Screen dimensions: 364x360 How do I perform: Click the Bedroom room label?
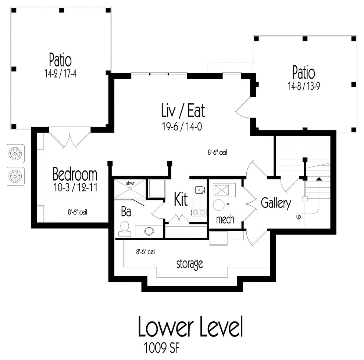75,174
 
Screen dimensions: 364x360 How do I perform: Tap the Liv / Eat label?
183,111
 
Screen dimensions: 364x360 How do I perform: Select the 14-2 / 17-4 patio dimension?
60,74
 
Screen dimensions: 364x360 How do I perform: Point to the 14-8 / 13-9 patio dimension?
304,86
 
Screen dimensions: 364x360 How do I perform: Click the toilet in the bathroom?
125,229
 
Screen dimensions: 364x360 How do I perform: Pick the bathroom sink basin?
149,231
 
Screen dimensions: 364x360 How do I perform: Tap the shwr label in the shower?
131,183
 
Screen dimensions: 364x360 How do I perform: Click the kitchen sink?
199,190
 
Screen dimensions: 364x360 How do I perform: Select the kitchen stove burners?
199,212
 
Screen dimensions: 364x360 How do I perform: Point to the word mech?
225,219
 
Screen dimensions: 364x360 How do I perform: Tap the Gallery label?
276,203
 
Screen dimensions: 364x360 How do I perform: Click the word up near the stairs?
299,217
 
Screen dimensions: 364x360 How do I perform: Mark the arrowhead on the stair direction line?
319,179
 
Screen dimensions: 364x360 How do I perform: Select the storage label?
190,264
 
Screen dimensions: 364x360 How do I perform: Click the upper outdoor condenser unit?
15,154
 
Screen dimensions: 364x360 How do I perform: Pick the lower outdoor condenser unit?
15,176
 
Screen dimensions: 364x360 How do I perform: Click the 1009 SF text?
161,348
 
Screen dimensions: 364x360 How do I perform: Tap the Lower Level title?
190,326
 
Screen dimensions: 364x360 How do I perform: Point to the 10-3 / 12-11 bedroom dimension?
75,187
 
